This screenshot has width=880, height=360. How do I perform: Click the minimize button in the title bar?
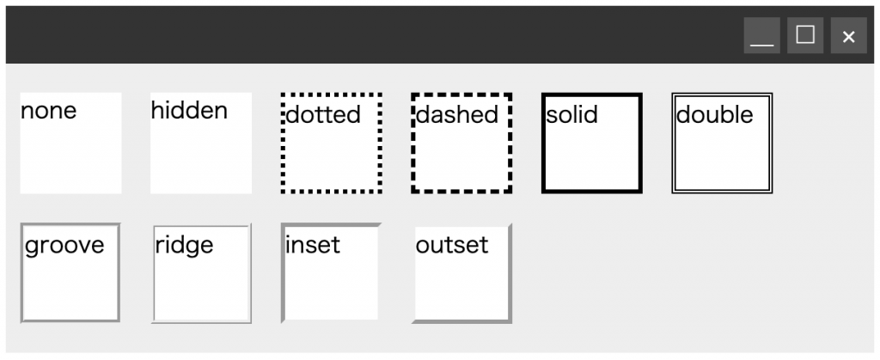[x=761, y=36]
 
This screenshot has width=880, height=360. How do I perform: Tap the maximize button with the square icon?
[x=805, y=36]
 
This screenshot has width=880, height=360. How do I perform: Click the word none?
[x=48, y=110]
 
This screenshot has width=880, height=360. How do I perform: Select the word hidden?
[x=189, y=110]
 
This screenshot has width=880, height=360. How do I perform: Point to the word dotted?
[x=322, y=114]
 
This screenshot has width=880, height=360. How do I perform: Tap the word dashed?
[x=456, y=114]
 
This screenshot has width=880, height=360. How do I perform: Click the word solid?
[x=571, y=114]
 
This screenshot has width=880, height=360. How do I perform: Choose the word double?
[x=714, y=114]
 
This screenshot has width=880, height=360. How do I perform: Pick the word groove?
[x=64, y=245]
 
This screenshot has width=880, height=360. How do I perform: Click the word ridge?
[x=184, y=245]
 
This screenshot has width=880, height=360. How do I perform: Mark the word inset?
[x=312, y=245]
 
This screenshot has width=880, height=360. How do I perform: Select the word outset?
[x=451, y=245]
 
